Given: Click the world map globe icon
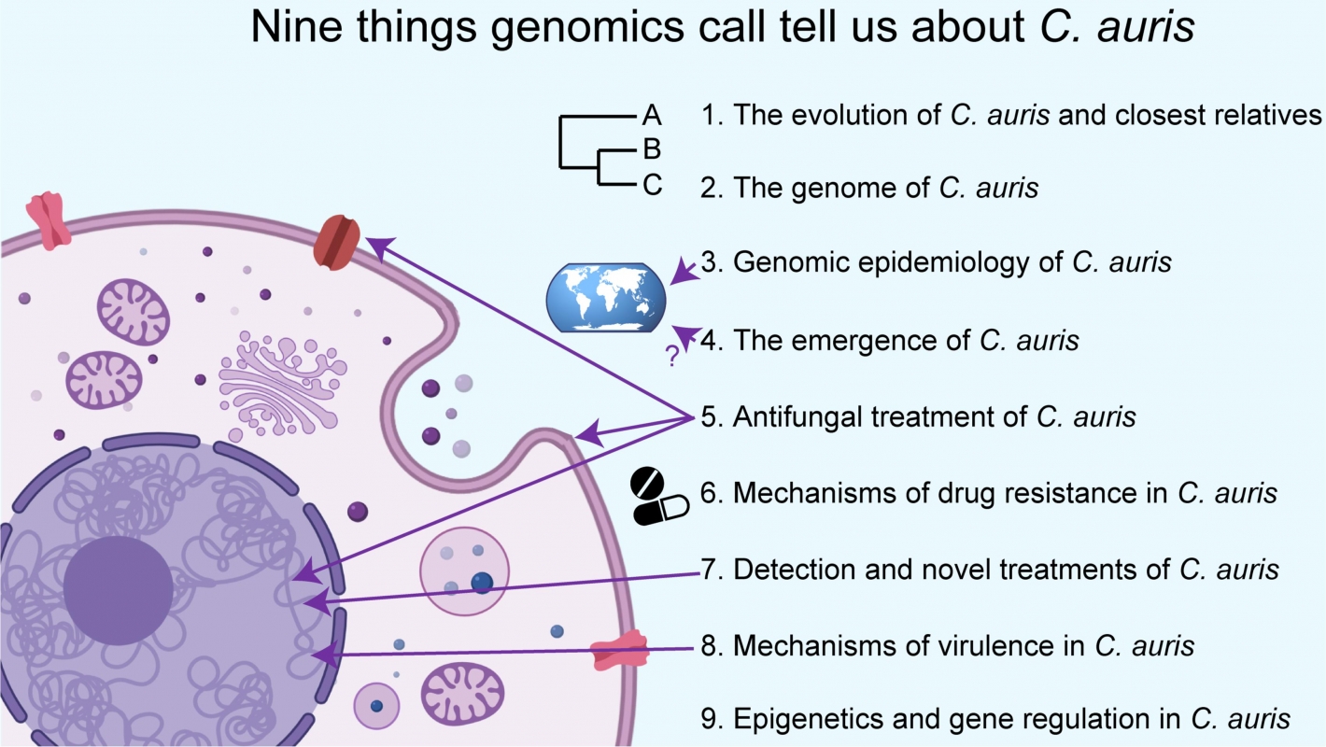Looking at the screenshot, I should [606, 298].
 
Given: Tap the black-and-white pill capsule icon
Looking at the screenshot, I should [659, 496].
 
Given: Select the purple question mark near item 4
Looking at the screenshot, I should [670, 356].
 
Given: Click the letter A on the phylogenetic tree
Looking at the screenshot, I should [652, 116].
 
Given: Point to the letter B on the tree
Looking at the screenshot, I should [652, 149].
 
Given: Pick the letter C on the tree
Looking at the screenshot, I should [652, 186].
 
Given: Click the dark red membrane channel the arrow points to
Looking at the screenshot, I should [338, 242].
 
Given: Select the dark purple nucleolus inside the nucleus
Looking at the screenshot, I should [118, 589].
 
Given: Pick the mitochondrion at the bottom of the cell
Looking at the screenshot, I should [463, 693].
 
